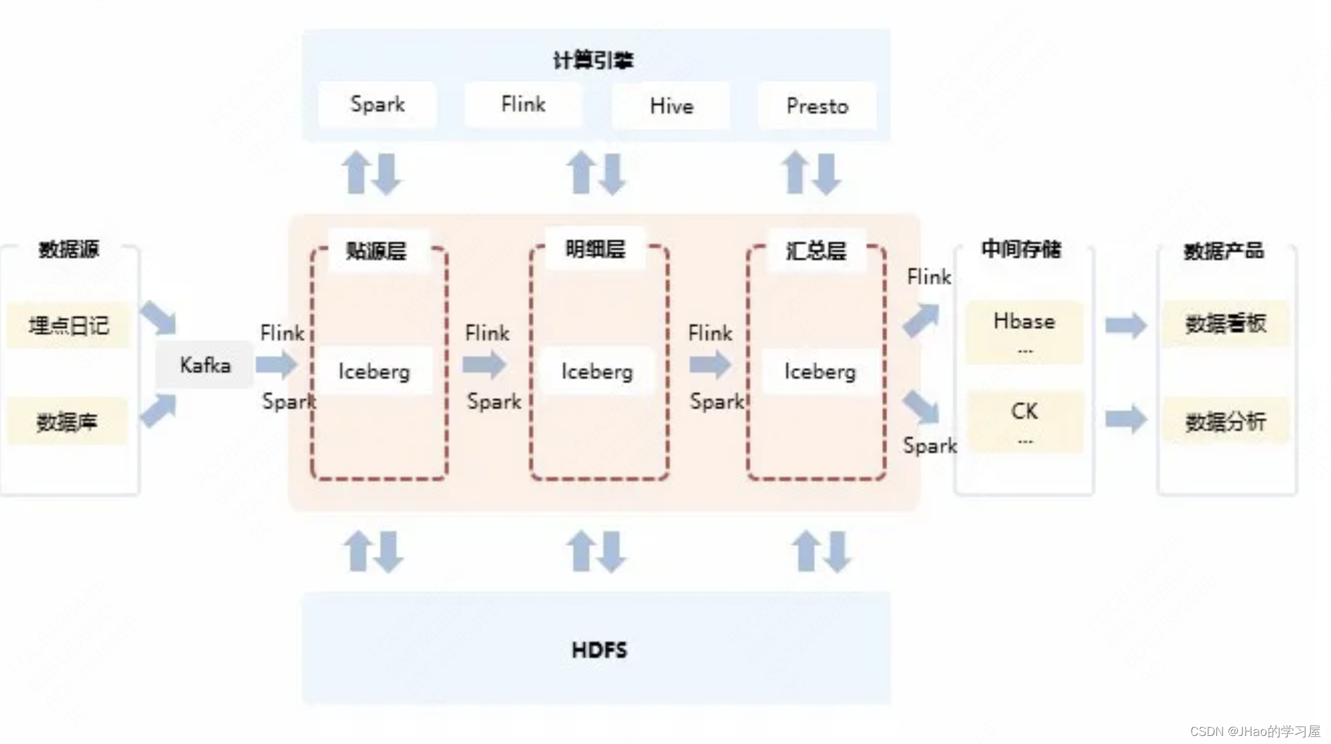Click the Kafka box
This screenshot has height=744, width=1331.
point(205,365)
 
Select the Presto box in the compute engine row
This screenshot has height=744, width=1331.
point(817,106)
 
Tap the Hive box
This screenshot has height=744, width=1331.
point(671,106)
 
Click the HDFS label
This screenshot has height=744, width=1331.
point(599,649)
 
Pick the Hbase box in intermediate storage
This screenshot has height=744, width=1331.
point(1024,331)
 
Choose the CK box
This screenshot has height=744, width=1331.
point(1024,420)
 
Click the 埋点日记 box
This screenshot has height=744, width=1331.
point(68,326)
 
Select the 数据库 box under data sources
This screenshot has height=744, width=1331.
point(67,422)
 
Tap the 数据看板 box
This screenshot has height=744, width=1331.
point(1226,324)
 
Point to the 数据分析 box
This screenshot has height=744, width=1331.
point(1226,422)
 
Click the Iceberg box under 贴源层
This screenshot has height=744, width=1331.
point(374,371)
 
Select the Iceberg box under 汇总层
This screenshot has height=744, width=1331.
point(820,371)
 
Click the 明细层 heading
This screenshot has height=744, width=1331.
point(595,249)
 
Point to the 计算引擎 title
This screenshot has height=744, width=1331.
point(593,60)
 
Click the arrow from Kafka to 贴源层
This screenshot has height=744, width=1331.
point(276,365)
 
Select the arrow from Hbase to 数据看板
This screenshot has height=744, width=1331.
point(1126,326)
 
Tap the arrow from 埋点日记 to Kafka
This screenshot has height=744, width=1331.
point(158,317)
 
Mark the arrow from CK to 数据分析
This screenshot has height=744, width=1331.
point(1126,420)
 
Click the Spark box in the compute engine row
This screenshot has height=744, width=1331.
point(377,105)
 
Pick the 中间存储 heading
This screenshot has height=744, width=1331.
point(1021,249)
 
